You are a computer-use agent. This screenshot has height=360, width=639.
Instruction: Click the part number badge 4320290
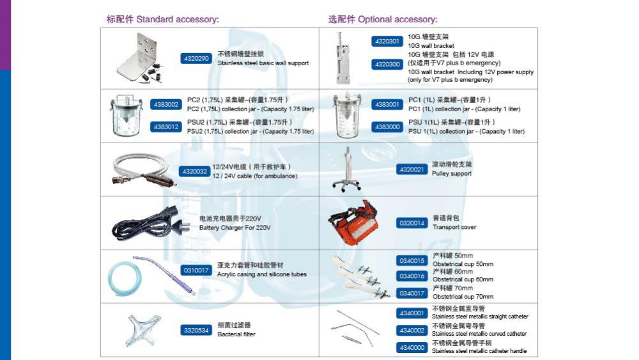pos(196,59)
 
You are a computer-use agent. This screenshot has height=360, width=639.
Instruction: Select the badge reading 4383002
pos(166,105)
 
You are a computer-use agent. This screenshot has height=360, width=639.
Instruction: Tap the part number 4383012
pos(166,127)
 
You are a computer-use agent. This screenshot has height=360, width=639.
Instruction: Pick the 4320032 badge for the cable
pos(194,171)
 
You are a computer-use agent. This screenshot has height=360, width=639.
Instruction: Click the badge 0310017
pos(196,270)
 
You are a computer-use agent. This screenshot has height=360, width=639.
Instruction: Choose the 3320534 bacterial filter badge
pos(196,330)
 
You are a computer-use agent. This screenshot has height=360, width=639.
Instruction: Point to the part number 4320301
pos(387,41)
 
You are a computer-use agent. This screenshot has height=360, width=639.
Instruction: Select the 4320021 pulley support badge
pos(412,169)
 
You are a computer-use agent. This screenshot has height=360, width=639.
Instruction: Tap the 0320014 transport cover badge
pos(412,223)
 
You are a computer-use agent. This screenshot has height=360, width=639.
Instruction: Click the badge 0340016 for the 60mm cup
pos(412,276)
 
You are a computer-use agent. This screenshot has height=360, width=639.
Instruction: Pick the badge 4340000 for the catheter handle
pos(412,348)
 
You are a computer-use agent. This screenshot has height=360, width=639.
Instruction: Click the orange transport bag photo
pos(353,223)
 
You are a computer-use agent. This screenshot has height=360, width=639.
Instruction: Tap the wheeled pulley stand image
pos(347,169)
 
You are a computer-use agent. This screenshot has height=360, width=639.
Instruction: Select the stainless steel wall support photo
pos(141,58)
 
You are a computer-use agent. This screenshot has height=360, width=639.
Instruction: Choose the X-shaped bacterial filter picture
pos(142,330)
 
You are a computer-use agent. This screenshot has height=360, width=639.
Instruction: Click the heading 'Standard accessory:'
pos(178,20)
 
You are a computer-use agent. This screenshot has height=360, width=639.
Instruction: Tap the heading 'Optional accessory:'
pos(397,20)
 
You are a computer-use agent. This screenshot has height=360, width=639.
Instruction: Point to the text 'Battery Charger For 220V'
pos(235,228)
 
